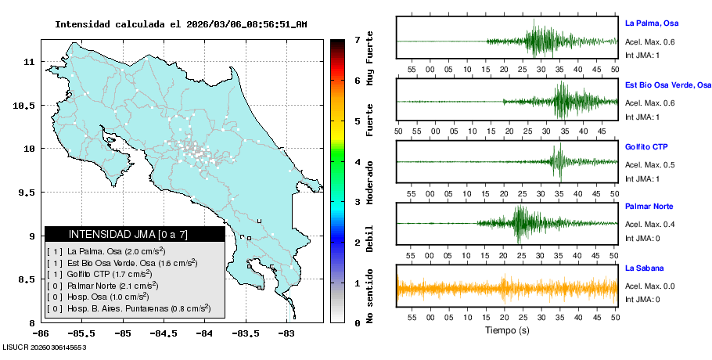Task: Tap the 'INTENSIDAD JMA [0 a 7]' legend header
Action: click(x=134, y=234)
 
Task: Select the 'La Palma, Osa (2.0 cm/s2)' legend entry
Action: click(x=106, y=250)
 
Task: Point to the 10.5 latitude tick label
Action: click(x=25, y=106)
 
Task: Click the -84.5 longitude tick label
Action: click(x=163, y=333)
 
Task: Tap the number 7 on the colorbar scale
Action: click(x=358, y=39)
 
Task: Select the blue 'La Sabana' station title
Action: click(x=645, y=268)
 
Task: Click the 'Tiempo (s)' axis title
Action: click(x=507, y=330)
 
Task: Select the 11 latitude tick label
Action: click(x=29, y=61)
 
